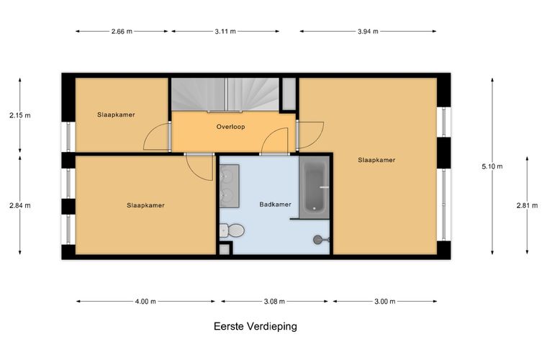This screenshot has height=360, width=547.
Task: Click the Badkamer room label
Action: tap(276, 204)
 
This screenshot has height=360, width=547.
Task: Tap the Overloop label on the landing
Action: tap(231, 127)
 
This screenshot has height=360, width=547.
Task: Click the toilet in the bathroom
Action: tap(233, 230)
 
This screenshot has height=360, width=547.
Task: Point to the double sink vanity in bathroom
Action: tap(230, 184)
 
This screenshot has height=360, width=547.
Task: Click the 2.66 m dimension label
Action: tap(122, 31)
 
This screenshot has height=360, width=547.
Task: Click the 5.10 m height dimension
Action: tap(492, 166)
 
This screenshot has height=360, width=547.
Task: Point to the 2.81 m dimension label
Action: tap(527, 205)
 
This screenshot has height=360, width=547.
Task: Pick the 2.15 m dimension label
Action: tap(20, 115)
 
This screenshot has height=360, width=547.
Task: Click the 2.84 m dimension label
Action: tap(20, 205)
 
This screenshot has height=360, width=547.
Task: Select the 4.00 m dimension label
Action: tap(145, 302)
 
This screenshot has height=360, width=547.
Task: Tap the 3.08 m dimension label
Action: tap(274, 302)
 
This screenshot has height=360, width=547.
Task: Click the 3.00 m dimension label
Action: tap(383, 302)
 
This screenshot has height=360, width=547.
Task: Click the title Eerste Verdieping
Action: tap(256, 326)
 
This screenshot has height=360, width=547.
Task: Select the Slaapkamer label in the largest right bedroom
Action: tap(376, 160)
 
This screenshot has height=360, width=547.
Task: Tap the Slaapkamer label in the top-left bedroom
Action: tap(117, 114)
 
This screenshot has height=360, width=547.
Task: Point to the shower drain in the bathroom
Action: tap(318, 240)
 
